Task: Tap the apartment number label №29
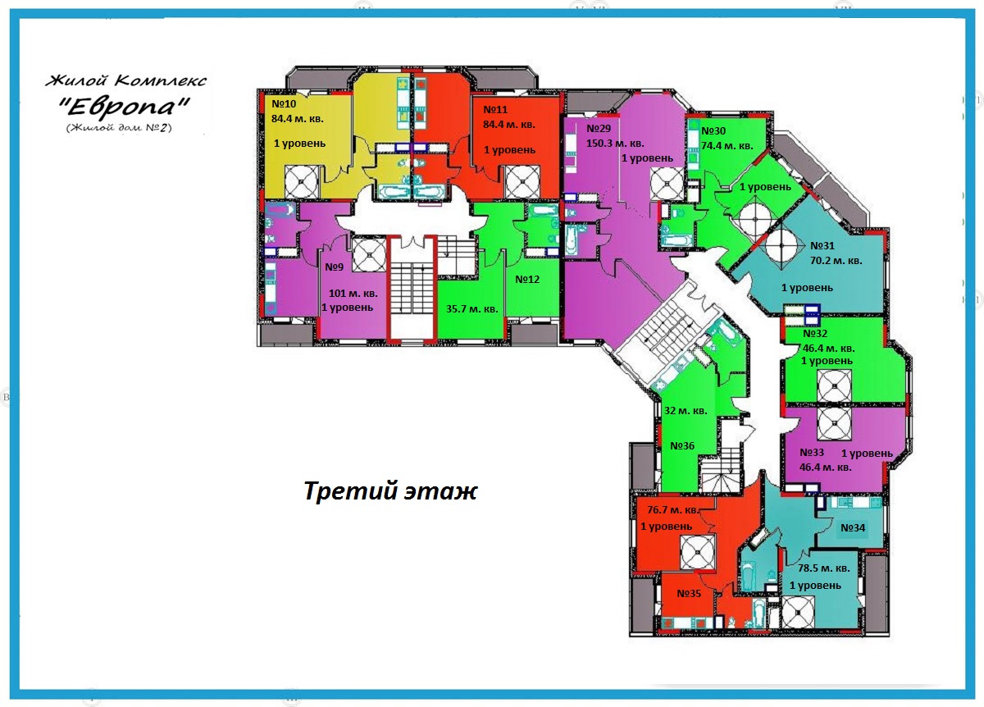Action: click(x=599, y=129)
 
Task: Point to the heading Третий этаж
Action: click(x=389, y=491)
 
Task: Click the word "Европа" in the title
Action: click(x=126, y=107)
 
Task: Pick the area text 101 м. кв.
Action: click(x=353, y=293)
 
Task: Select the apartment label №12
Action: click(x=527, y=279)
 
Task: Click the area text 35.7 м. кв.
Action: click(x=471, y=309)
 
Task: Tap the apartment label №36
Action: click(x=682, y=445)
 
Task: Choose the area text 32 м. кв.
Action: click(x=686, y=411)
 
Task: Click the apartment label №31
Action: click(x=822, y=245)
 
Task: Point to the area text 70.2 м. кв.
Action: click(x=836, y=261)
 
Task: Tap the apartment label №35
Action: click(x=689, y=594)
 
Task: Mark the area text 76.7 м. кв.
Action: click(x=669, y=509)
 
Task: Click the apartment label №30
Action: click(x=713, y=131)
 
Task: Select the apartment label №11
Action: click(x=496, y=109)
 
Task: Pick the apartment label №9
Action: click(x=333, y=267)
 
